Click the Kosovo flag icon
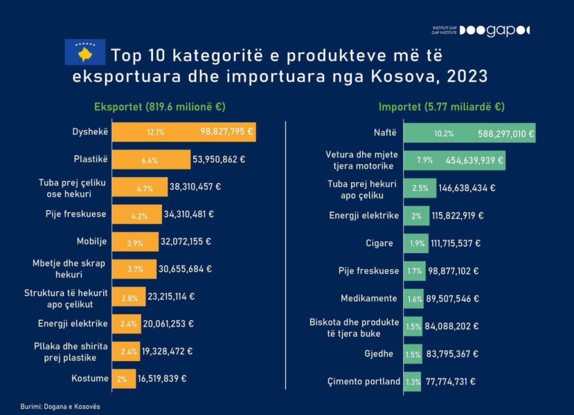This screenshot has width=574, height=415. (x=85, y=53)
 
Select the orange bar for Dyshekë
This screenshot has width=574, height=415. (x=183, y=131)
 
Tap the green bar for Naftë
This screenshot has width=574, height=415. (x=469, y=133)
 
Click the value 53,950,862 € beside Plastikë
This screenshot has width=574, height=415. (x=219, y=159)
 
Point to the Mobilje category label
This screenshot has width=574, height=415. (x=91, y=241)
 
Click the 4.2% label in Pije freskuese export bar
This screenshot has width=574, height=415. (x=139, y=215)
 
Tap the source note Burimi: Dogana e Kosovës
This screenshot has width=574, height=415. (x=60, y=406)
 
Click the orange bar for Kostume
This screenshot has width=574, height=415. (x=124, y=378)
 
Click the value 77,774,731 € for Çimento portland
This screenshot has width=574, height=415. (x=450, y=381)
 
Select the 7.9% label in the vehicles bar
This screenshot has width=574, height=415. (x=424, y=160)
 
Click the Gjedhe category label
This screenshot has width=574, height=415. (x=379, y=353)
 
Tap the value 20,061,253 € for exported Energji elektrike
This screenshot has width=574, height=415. (x=169, y=324)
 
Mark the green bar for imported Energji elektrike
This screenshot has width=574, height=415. (x=416, y=216)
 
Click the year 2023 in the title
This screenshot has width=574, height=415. (x=465, y=75)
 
